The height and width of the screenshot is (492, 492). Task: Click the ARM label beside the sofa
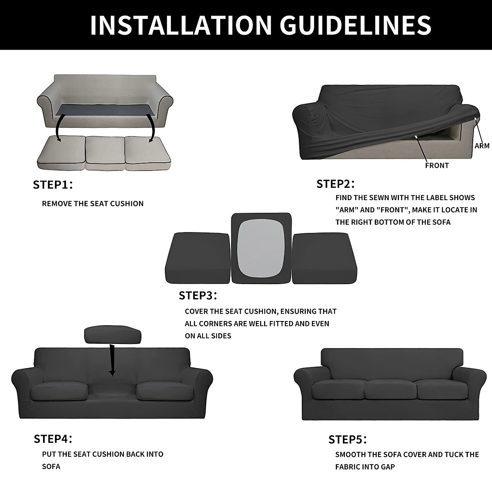click(482, 146)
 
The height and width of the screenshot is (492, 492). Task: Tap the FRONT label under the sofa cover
click(437, 166)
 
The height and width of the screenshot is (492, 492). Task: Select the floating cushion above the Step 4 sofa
click(113, 335)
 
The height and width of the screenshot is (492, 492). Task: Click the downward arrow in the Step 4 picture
click(112, 361)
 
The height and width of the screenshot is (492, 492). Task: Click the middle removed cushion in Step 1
click(105, 152)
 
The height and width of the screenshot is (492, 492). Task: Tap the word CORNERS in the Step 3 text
click(215, 323)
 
